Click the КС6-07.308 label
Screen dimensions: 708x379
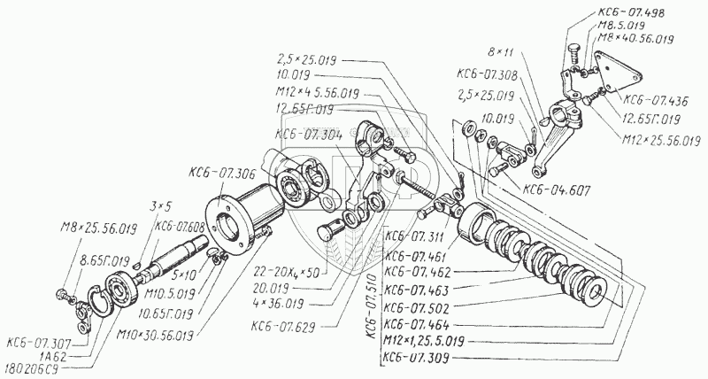tap(487, 73)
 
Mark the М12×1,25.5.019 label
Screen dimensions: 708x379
tap(428, 341)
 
